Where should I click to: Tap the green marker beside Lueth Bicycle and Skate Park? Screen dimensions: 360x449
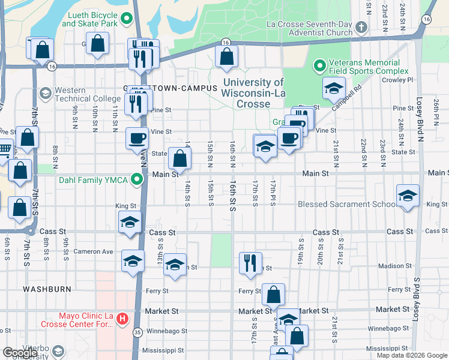[126, 19]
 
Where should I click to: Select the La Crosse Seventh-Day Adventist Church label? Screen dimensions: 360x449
[310, 28]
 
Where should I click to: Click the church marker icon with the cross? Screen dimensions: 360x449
[361, 28]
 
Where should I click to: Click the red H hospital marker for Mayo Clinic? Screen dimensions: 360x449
[122, 317]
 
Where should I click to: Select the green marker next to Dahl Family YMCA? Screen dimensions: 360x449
[137, 179]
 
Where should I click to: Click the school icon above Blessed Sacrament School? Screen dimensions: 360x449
[408, 196]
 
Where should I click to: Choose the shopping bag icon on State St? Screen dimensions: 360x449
[179, 158]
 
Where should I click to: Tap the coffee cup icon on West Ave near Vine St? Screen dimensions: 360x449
[137, 138]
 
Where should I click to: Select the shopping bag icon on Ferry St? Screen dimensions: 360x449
[273, 295]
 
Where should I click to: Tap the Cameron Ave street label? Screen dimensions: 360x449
[93, 252]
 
